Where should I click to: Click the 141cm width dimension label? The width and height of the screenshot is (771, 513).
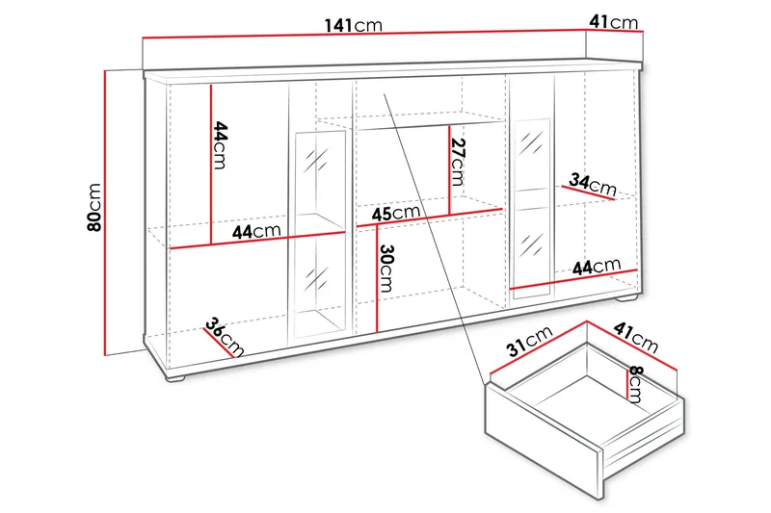click(x=353, y=25)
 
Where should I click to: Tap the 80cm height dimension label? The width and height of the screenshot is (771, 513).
click(x=93, y=208)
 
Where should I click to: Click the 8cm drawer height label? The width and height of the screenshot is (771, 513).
click(x=636, y=384)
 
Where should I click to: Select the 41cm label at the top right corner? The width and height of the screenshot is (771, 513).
click(x=613, y=21)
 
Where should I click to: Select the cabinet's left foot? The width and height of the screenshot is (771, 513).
click(x=175, y=381)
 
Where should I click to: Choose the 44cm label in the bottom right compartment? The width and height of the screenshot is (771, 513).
click(x=595, y=266)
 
